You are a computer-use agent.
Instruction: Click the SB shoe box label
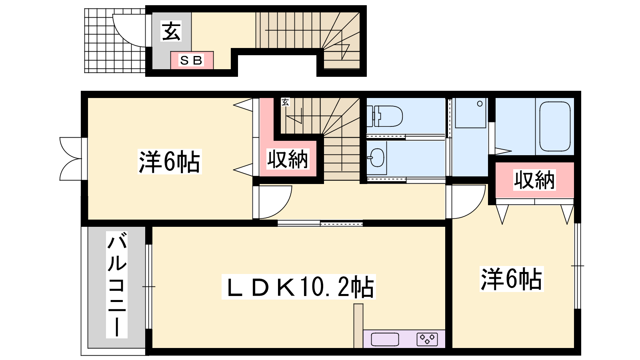pos(192,60)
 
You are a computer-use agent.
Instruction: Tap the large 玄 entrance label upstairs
pos(171,31)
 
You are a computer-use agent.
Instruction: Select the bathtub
pos(555,126)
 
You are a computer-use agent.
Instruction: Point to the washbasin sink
pos(377,158)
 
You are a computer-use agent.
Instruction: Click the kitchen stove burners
pos(427,340)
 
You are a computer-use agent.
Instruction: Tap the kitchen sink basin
pos(385,340)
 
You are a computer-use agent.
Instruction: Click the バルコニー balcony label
pos(117,285)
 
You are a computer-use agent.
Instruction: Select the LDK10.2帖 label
pos(299,287)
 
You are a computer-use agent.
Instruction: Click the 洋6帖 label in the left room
pos(170,162)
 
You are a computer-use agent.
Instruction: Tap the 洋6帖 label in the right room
pos(512,279)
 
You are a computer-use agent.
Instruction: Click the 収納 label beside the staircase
pos(288,159)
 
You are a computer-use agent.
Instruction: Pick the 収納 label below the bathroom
pos(534,180)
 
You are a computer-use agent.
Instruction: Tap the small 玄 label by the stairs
pos(285,102)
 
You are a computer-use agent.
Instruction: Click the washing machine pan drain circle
pos(480,104)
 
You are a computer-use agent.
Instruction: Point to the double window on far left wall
pos(72,159)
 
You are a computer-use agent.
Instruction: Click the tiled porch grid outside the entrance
pos(115,40)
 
